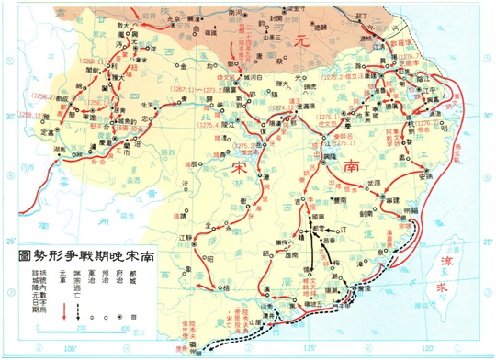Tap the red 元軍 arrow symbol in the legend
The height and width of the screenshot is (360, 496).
[62, 310]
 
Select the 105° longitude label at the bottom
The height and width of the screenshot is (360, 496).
[70, 349]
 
